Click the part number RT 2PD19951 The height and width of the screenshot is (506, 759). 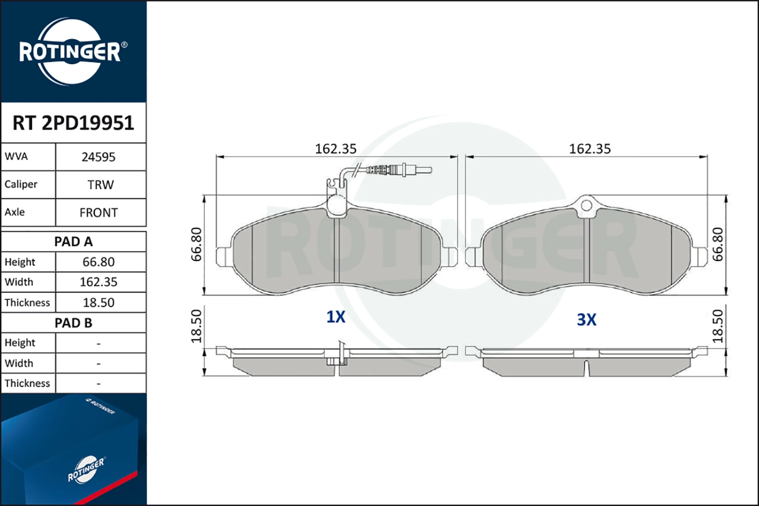tap(73, 122)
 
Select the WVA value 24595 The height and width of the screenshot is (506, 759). tap(99, 157)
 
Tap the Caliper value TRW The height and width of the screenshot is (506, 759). tap(101, 185)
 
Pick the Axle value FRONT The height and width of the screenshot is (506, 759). tap(99, 213)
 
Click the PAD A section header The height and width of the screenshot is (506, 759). tap(73, 242)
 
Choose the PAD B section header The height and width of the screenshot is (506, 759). tap(73, 323)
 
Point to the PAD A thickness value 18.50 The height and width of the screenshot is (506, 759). tap(99, 303)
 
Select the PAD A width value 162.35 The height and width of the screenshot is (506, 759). tap(99, 282)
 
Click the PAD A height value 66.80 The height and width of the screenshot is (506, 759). tap(99, 262)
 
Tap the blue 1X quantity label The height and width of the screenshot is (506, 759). tap(336, 317)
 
